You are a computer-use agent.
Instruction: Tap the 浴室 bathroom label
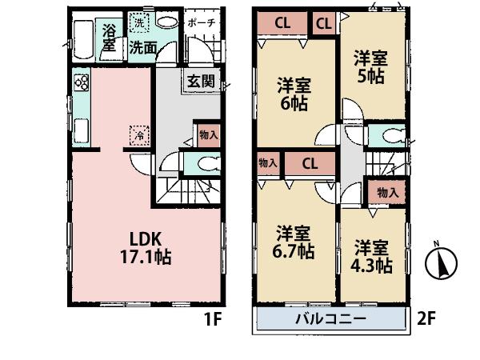point(109,40)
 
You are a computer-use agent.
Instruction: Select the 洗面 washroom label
point(143,48)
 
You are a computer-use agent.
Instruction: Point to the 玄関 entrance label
point(201,81)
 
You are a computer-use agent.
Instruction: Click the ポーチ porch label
point(201,23)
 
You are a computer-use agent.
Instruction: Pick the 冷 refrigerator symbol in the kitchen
point(138,136)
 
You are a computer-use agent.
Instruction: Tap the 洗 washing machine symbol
point(138,24)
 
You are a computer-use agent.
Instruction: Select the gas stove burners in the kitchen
point(81,82)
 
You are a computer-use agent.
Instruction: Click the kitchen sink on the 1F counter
point(82,129)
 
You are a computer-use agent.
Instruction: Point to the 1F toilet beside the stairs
point(205,164)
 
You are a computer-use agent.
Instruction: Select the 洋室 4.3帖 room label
point(373,254)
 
